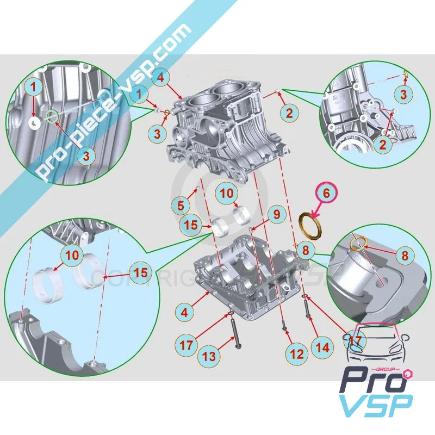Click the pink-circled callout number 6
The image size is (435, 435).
326,192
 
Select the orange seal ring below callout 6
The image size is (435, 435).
312,223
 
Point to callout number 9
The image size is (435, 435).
276,214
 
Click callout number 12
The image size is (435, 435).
296,354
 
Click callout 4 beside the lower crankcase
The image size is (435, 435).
185,313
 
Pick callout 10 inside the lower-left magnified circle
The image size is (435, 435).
73,254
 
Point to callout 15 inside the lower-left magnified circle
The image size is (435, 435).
140,272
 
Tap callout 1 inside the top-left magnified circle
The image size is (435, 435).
34,86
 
